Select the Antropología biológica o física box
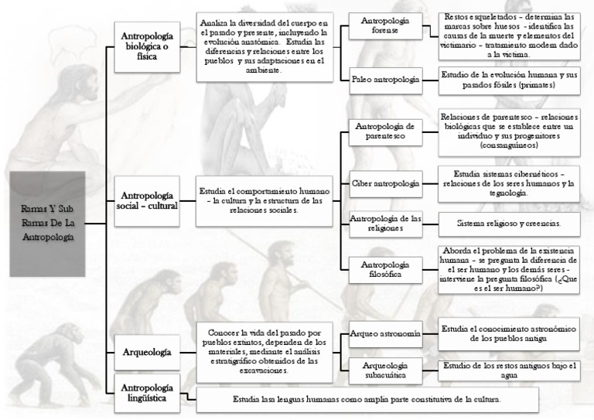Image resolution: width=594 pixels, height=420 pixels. click(147, 46)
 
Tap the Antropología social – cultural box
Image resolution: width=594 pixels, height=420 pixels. click(147, 200)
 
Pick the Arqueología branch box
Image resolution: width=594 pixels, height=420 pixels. click(147, 352)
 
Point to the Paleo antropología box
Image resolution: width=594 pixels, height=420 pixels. click(385, 79)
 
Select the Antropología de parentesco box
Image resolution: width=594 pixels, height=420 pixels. click(385, 131)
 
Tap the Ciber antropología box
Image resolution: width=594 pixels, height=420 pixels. click(385, 184)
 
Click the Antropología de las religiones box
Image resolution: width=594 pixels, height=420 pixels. click(385, 223)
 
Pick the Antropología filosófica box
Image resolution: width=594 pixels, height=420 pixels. click(385, 270)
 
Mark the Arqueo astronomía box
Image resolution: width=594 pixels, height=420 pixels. click(385, 333)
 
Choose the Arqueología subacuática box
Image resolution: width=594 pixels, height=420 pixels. click(385, 370)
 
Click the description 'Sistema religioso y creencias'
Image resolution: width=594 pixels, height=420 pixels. click(508, 223)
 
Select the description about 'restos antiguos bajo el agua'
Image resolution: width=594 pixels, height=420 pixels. click(508, 370)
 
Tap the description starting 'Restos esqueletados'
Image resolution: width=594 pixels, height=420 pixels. click(508, 36)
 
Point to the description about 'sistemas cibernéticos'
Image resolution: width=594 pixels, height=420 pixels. click(508, 184)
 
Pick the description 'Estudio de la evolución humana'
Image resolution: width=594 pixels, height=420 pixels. click(508, 79)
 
